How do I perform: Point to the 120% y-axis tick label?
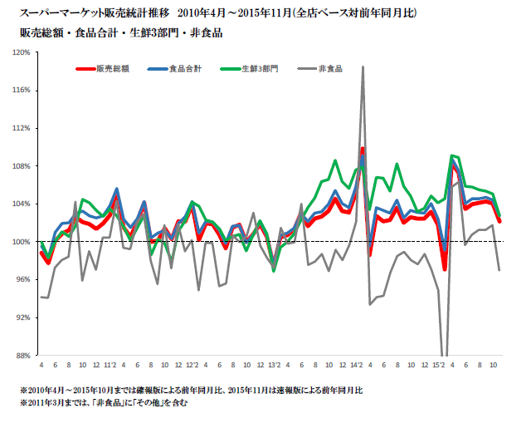coord(22,52)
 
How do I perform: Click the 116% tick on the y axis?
coord(22,91)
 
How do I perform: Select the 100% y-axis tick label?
coord(22,242)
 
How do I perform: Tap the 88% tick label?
coord(23,356)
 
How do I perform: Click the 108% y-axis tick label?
coord(22,166)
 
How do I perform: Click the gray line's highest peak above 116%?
coord(363,67)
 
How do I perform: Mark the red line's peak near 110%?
coord(363,149)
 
